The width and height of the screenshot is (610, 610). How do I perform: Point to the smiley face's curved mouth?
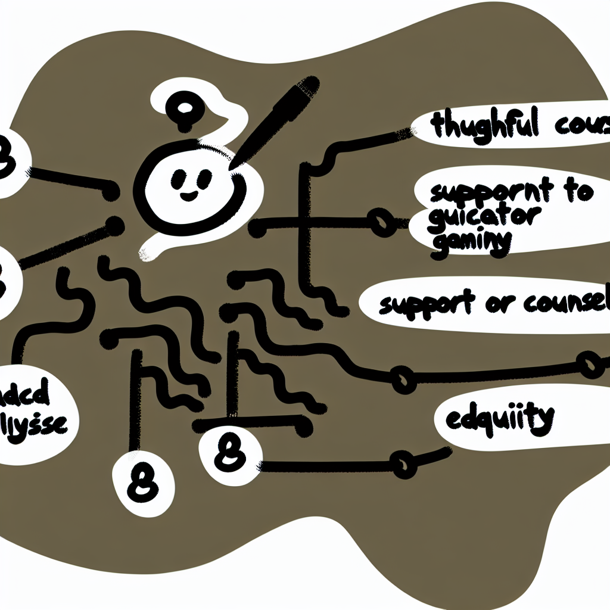pos(189,195)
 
